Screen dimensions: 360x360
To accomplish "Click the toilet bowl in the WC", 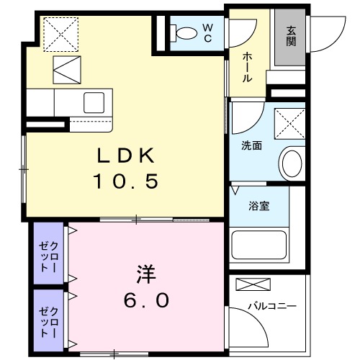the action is pyautogui.click(x=184, y=33).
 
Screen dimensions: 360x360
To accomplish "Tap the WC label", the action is pyautogui.click(x=207, y=33).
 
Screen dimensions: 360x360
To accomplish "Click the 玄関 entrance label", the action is pyautogui.click(x=291, y=36).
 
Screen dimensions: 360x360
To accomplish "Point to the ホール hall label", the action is pyautogui.click(x=247, y=68).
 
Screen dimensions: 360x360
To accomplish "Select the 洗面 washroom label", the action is pyautogui.click(x=251, y=145).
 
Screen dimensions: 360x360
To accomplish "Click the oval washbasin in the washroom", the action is pyautogui.click(x=292, y=163).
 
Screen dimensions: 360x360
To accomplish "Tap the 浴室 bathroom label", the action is pyautogui.click(x=259, y=206).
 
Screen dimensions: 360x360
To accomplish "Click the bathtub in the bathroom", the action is pyautogui.click(x=259, y=245).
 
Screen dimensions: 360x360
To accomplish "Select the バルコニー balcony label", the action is pyautogui.click(x=272, y=306).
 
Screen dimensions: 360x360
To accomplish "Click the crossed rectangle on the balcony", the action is pyautogui.click(x=253, y=284).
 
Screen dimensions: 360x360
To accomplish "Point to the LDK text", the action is pyautogui.click(x=125, y=156).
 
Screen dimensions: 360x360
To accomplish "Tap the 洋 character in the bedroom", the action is pyautogui.click(x=146, y=274).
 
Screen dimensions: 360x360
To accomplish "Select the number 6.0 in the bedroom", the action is pyautogui.click(x=146, y=300).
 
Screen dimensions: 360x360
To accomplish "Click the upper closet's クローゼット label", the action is pyautogui.click(x=48, y=257).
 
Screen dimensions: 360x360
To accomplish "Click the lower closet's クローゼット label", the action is pyautogui.click(x=48, y=322).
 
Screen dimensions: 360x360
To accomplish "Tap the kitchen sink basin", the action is pyautogui.click(x=94, y=102).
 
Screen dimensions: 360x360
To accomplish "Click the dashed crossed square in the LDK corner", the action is pyautogui.click(x=61, y=35).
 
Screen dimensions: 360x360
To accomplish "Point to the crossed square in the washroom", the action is pyautogui.click(x=289, y=124).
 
